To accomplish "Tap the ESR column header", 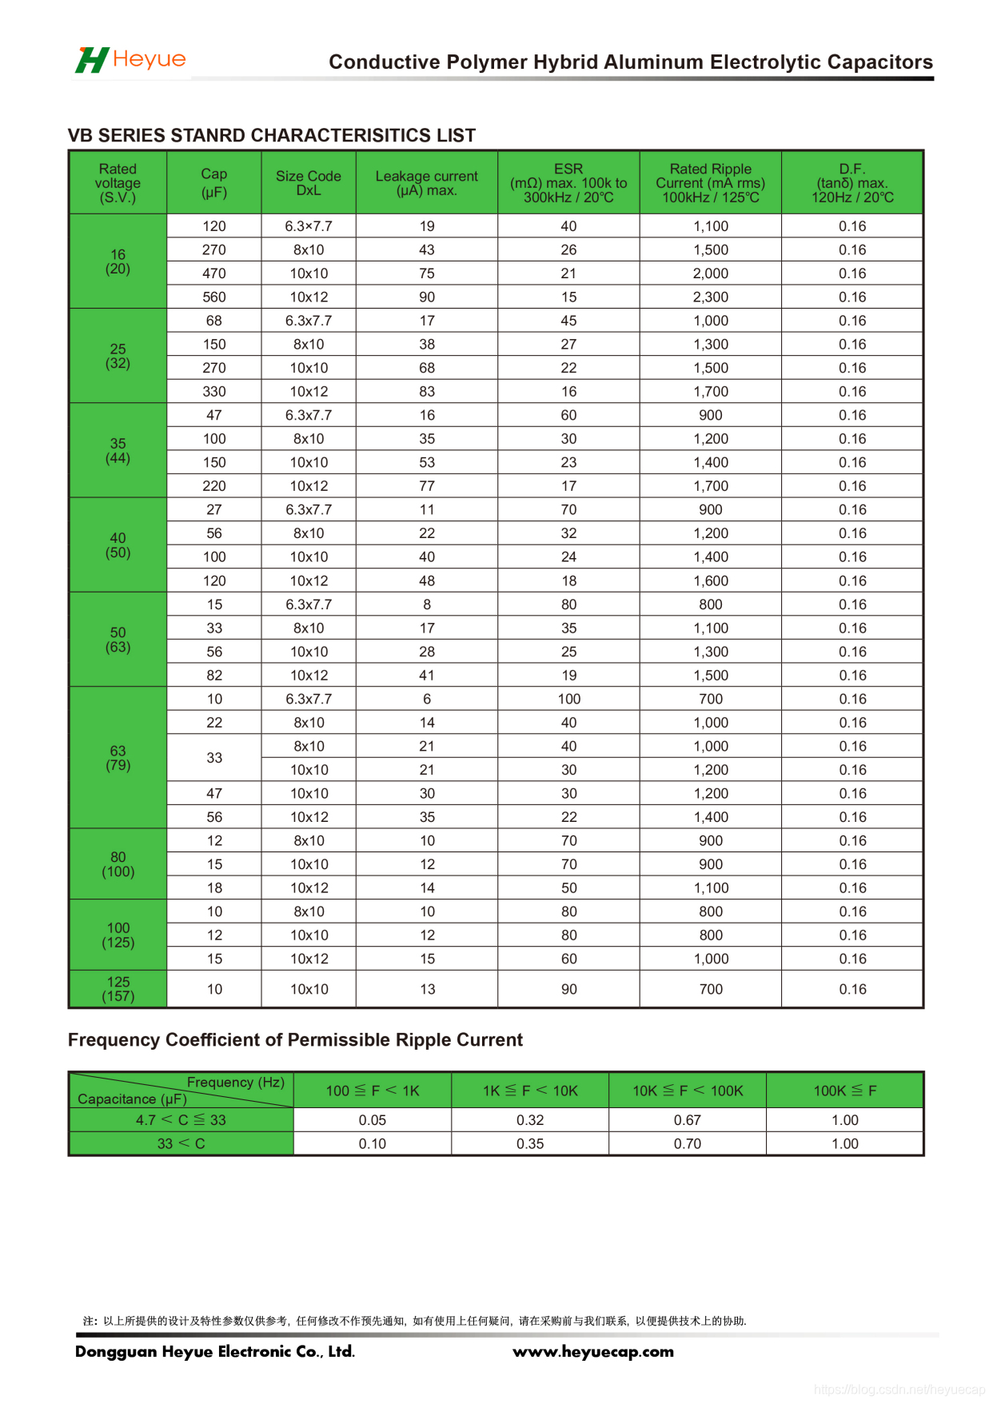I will click(568, 183).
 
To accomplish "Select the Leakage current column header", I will click(426, 183).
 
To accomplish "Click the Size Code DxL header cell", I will click(309, 183).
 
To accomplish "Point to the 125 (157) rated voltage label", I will click(118, 989).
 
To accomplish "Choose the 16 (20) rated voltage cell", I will click(118, 261).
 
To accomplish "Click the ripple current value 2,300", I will click(710, 297).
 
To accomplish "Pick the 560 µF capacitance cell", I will click(214, 297).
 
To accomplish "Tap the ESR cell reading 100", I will click(568, 699).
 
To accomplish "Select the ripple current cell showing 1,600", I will click(710, 581).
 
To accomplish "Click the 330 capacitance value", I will click(214, 392).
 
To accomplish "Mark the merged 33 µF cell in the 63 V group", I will click(214, 758).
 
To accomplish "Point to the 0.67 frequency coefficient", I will click(687, 1120).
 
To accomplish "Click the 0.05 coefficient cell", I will click(373, 1120).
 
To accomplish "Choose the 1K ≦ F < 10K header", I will click(530, 1091).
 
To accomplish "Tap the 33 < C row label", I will click(181, 1144).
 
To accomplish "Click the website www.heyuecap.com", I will click(593, 1352).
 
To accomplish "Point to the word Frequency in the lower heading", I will click(114, 1040).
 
